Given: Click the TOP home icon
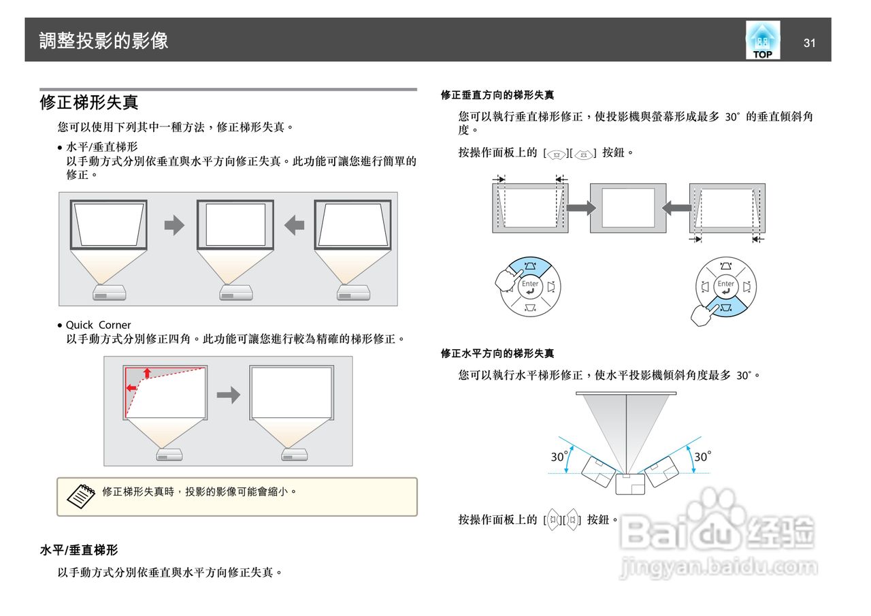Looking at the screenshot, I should click(763, 40).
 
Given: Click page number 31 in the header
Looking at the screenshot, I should click(809, 44).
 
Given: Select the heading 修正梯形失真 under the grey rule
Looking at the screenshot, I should click(89, 103).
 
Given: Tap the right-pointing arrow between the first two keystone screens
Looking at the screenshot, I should click(175, 225).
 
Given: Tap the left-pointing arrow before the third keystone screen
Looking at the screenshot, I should click(294, 225).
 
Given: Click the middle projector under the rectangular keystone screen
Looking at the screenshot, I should click(235, 293).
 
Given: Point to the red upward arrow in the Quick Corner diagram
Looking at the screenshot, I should click(147, 372).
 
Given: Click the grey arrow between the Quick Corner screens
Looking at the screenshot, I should click(228, 395).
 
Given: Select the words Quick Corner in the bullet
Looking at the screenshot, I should click(98, 325).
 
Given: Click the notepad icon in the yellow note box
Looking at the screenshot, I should click(81, 496).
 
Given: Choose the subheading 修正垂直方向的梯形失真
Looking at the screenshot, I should click(497, 95).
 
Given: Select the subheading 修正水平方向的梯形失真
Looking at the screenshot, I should click(497, 354).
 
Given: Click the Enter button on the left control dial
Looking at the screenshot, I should click(530, 287).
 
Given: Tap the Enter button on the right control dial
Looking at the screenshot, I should click(726, 287).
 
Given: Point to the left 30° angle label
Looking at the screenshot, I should click(559, 457).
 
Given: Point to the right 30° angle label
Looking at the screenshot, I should click(702, 457).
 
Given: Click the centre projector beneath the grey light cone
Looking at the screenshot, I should click(629, 484).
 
